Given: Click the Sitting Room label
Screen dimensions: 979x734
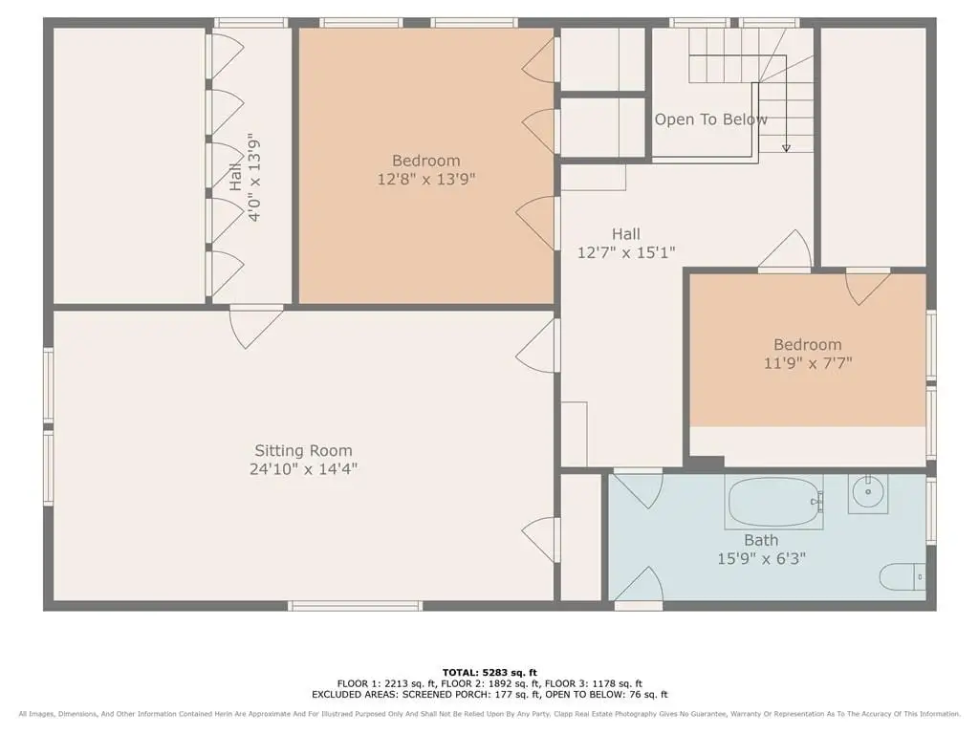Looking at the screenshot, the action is coord(303,451).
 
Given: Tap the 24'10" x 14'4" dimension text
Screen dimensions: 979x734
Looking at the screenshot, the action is coord(303,468).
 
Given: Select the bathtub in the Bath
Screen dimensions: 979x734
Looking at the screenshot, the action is coord(772,502).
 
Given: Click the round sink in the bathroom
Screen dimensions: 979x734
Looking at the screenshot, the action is coord(868,493).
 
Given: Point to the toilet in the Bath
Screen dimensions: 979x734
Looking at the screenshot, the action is coord(903,576).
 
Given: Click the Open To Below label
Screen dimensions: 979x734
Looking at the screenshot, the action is coord(710,119).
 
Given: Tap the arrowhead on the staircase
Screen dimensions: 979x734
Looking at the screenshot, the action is coord(786,148).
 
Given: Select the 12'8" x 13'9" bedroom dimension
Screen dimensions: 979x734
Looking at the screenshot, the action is coord(426,179).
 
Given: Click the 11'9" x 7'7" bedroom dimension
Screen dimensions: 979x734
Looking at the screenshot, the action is coord(808,362).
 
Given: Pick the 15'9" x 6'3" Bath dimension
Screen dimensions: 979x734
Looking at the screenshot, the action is coord(761,558).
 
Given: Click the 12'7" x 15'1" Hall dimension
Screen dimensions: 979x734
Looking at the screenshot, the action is coord(626,252).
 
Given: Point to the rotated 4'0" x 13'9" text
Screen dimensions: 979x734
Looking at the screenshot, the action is coord(254,177).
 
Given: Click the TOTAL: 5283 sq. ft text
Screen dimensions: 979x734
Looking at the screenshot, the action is coord(489,672).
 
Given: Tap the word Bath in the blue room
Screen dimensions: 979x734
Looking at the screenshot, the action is coord(761,540).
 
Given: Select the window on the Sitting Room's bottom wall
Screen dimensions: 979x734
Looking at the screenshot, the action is coord(355,605).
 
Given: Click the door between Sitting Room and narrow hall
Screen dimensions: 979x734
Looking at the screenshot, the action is coord(256,326).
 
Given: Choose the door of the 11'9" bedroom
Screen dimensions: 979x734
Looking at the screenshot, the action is coord(868,287).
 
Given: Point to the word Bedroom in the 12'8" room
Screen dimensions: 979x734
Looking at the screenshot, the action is coord(426,161).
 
